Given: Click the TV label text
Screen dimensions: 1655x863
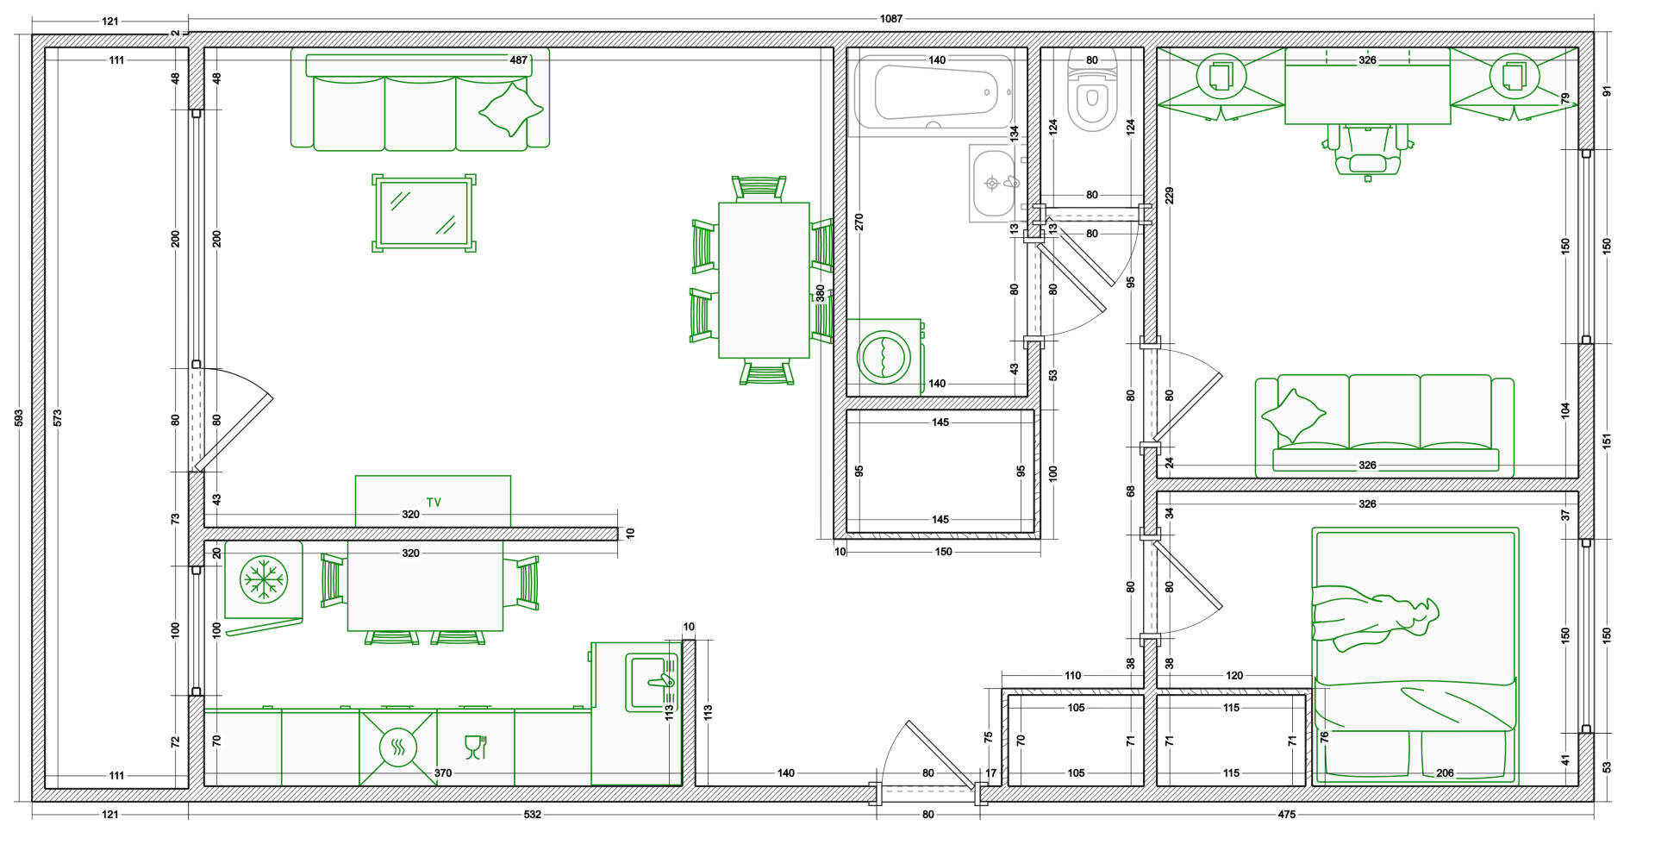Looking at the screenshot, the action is [x=434, y=502].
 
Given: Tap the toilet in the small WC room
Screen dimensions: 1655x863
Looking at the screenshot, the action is [x=1092, y=90].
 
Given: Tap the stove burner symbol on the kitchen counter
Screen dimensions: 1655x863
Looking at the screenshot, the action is [x=398, y=747].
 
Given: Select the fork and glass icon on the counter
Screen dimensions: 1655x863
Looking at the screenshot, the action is [x=476, y=747].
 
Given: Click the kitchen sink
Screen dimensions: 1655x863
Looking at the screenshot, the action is [x=652, y=683].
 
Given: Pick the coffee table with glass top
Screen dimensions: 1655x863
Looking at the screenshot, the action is [x=424, y=213].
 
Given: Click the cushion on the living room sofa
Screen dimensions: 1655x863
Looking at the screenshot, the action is [x=511, y=109].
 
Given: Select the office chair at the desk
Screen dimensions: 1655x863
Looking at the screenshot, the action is [x=1368, y=149].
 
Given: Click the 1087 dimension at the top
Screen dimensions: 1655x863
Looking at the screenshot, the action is [x=891, y=19].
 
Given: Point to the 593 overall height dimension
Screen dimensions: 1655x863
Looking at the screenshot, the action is [x=19, y=418].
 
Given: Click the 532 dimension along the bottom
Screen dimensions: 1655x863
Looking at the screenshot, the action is [x=533, y=815].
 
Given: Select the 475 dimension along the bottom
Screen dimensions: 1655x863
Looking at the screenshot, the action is [x=1286, y=815].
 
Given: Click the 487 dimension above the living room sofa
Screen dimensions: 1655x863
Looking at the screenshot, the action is [x=518, y=60].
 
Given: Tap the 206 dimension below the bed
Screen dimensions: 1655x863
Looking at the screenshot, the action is [x=1445, y=773].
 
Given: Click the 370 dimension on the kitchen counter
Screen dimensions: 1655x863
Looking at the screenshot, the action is [x=443, y=773].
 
